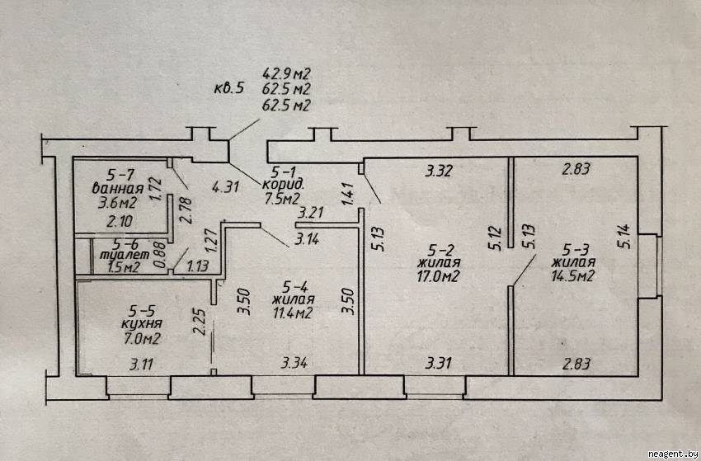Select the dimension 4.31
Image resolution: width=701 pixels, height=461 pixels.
225,186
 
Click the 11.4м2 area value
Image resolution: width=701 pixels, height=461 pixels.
293,313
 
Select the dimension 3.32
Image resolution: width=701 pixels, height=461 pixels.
437,172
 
